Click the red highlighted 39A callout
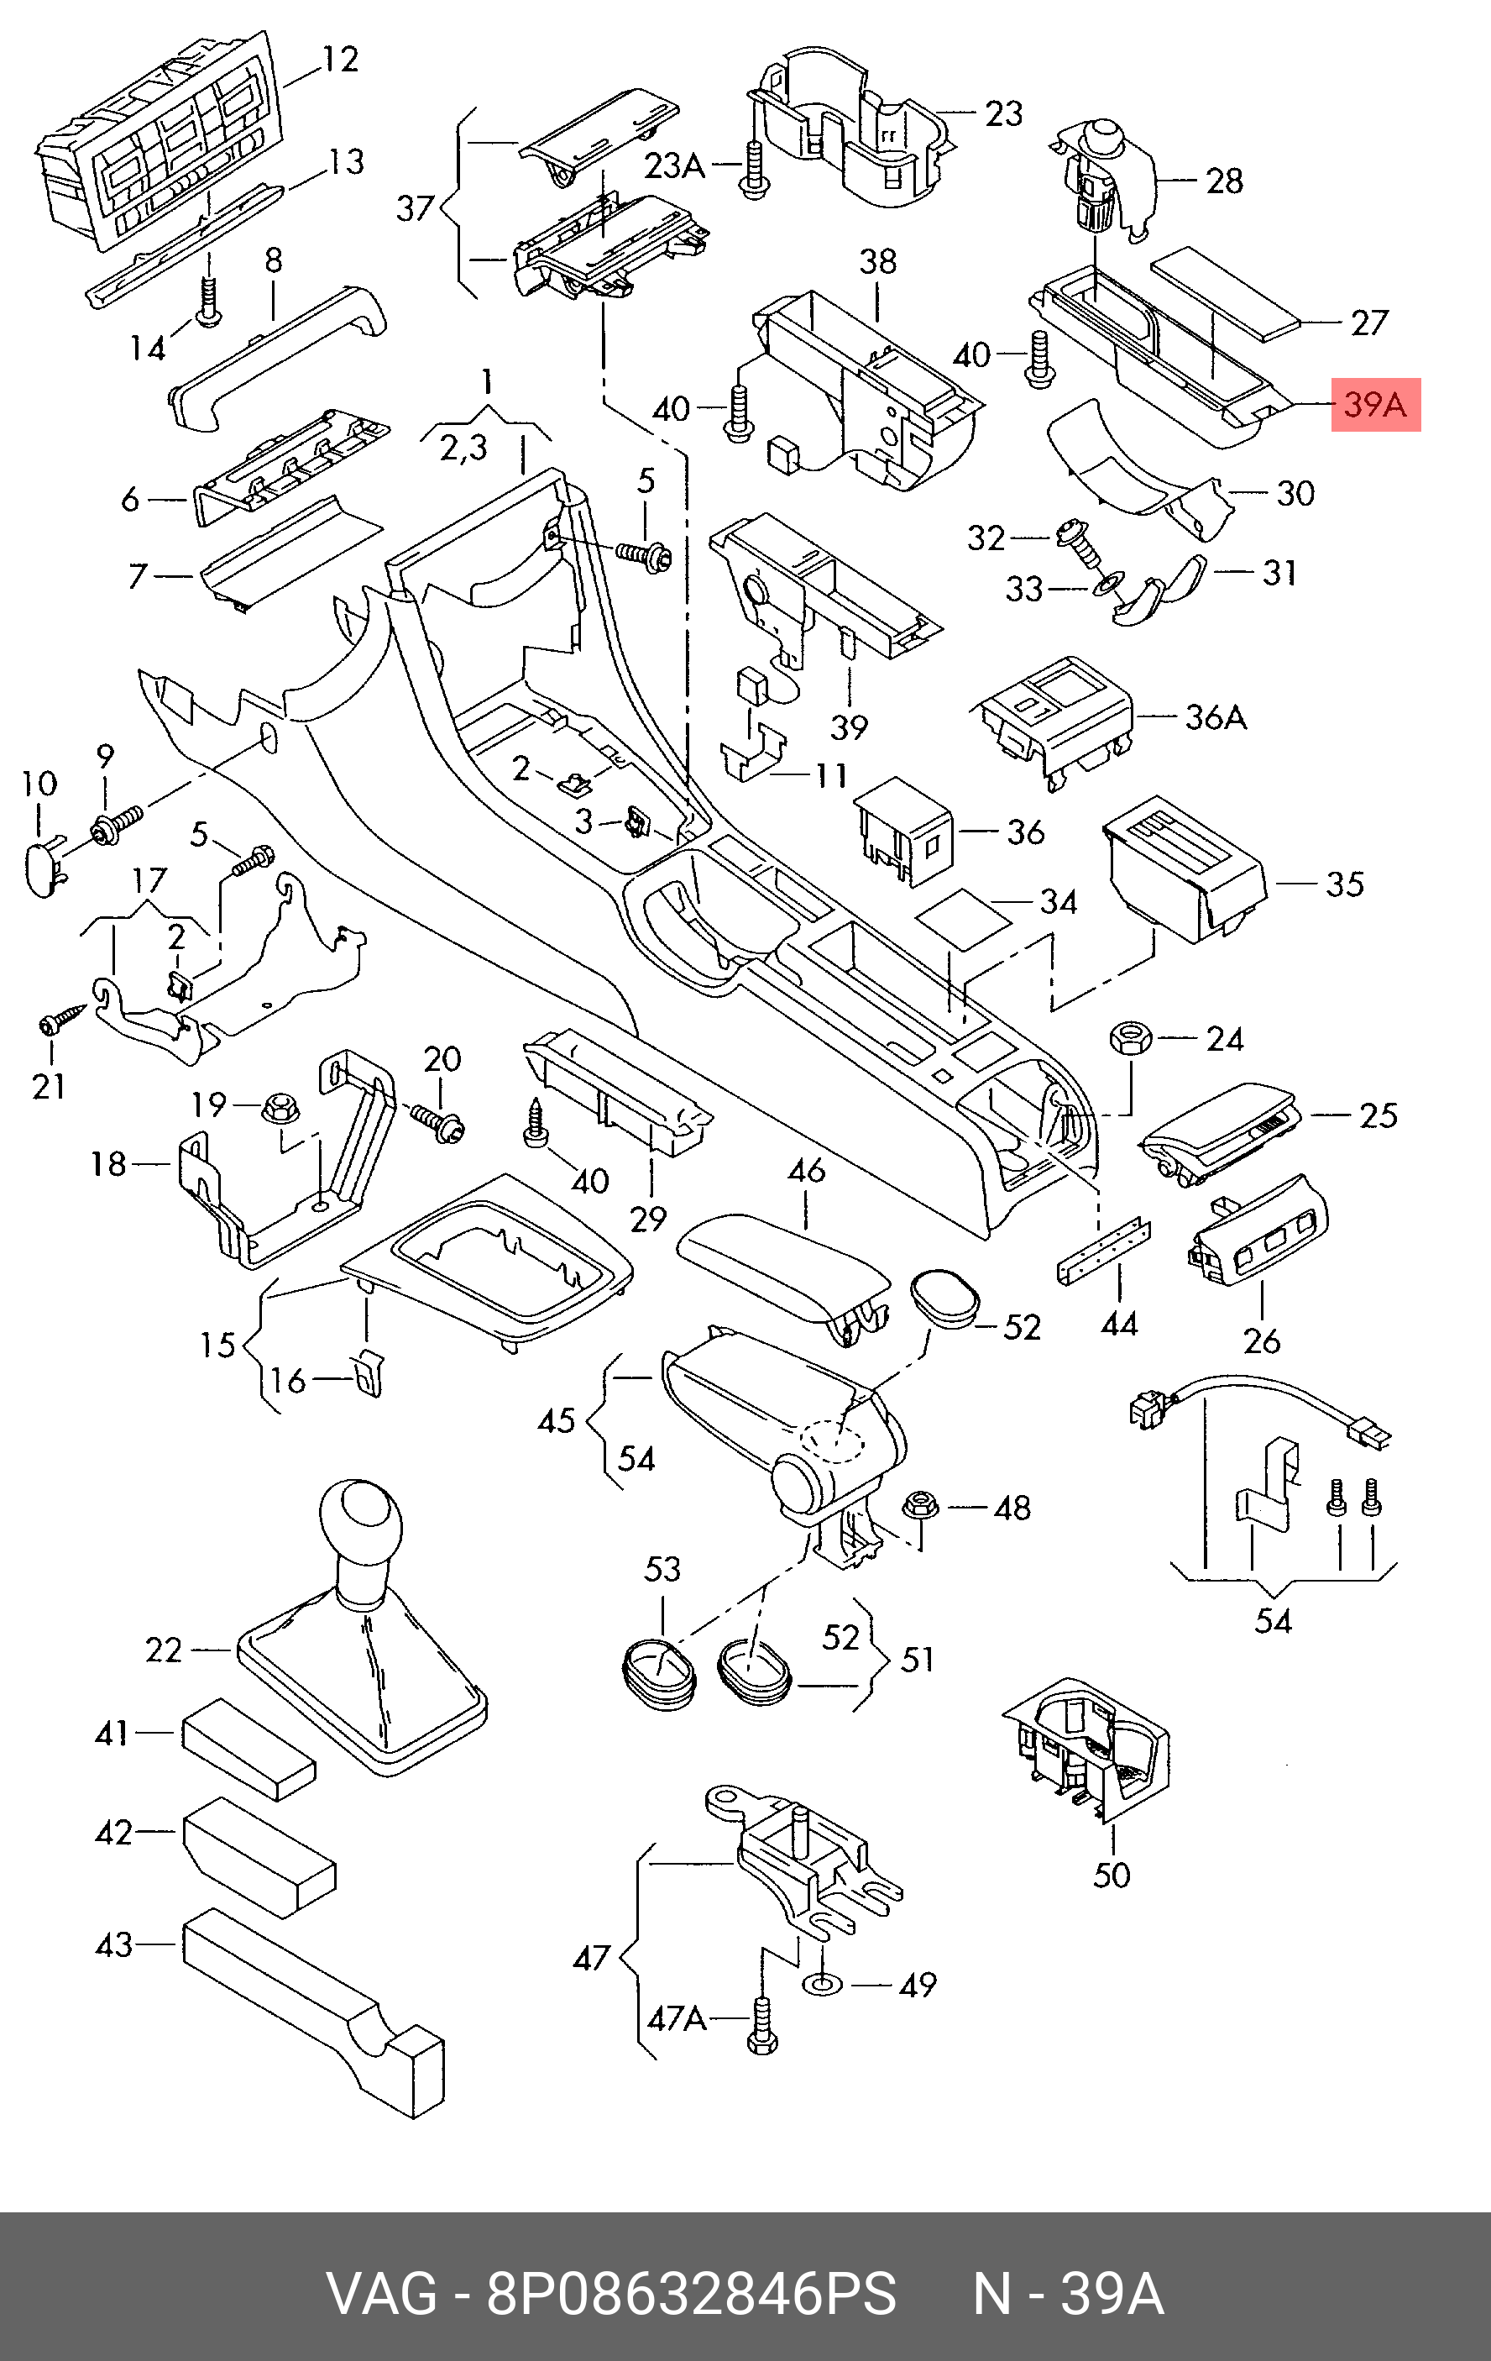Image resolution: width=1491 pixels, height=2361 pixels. (x=1375, y=405)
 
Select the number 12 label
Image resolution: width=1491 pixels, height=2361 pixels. (x=339, y=60)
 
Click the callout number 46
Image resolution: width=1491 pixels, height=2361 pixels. (x=806, y=1171)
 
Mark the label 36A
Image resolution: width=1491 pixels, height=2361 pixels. (x=1216, y=718)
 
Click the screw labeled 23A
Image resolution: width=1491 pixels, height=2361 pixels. (x=753, y=171)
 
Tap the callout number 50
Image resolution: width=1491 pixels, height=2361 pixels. (x=1112, y=1875)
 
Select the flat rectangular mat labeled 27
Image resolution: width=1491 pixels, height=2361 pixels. (x=1226, y=291)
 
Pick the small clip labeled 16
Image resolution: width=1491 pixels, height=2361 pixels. (x=368, y=1373)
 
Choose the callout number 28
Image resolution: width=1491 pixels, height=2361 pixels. (x=1224, y=181)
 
